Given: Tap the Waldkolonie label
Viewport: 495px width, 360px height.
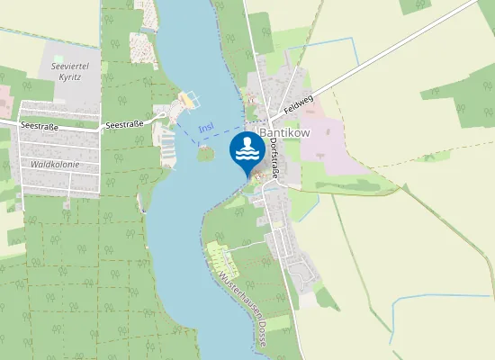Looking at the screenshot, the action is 55,165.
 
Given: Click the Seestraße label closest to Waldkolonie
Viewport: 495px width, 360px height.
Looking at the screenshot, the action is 40,127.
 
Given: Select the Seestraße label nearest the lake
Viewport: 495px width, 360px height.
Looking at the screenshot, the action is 124,125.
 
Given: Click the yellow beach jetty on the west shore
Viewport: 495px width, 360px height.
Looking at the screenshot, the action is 188,99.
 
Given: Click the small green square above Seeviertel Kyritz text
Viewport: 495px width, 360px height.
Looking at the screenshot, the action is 58,57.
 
